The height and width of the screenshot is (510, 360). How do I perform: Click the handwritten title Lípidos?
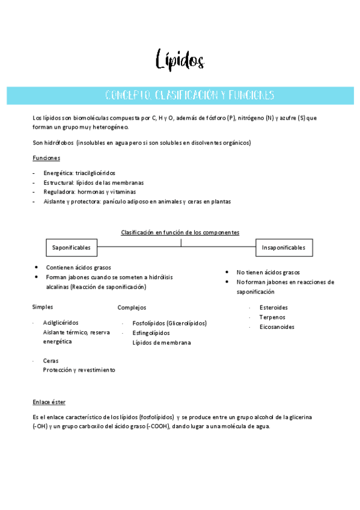click(x=180, y=60)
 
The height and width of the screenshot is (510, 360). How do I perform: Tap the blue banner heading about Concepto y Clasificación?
click(x=189, y=95)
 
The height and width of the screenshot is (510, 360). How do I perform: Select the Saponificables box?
click(x=72, y=248)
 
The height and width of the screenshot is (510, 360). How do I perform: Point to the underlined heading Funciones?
click(x=46, y=158)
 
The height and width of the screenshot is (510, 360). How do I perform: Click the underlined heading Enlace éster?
click(x=49, y=402)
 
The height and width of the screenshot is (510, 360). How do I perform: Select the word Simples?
click(x=43, y=307)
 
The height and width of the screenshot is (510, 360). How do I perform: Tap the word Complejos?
click(x=132, y=307)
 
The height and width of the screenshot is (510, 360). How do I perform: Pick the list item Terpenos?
click(x=272, y=317)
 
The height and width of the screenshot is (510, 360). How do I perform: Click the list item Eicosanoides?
click(x=276, y=327)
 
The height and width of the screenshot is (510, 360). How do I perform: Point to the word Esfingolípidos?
click(x=151, y=333)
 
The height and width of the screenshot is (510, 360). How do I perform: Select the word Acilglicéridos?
click(x=61, y=323)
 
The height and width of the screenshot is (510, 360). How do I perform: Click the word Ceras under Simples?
click(x=50, y=361)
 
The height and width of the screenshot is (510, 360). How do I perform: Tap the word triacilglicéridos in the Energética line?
click(x=96, y=173)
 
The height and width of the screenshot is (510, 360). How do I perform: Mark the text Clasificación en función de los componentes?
click(x=180, y=232)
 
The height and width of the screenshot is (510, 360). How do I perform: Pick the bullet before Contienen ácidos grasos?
click(x=37, y=267)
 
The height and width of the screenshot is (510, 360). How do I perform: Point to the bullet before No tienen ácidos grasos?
click(x=228, y=272)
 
